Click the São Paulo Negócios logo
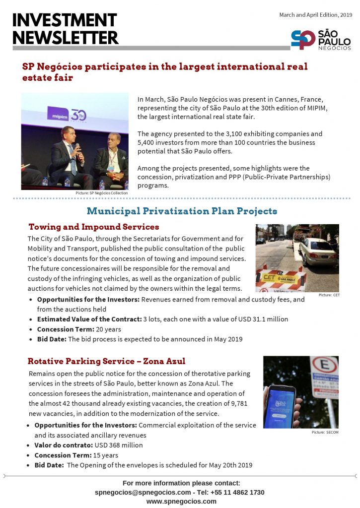(321, 40)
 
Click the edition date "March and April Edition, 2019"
(315, 15)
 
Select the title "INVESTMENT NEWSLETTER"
(65, 29)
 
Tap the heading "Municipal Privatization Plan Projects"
(182, 211)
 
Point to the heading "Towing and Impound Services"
(94, 227)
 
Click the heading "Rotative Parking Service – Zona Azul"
(106, 361)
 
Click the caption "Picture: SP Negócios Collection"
(102, 193)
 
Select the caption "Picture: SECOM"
(326, 433)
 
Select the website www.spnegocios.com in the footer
(181, 501)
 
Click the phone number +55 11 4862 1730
(237, 492)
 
